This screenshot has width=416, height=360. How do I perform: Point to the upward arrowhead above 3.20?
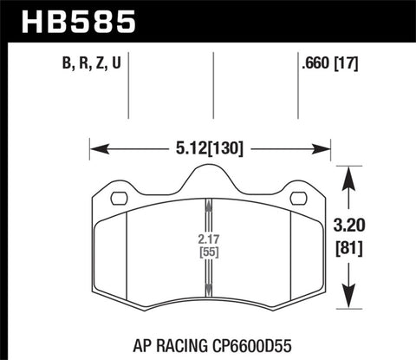pos(350,176)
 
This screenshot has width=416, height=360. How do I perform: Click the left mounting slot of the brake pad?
pos(119,199)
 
